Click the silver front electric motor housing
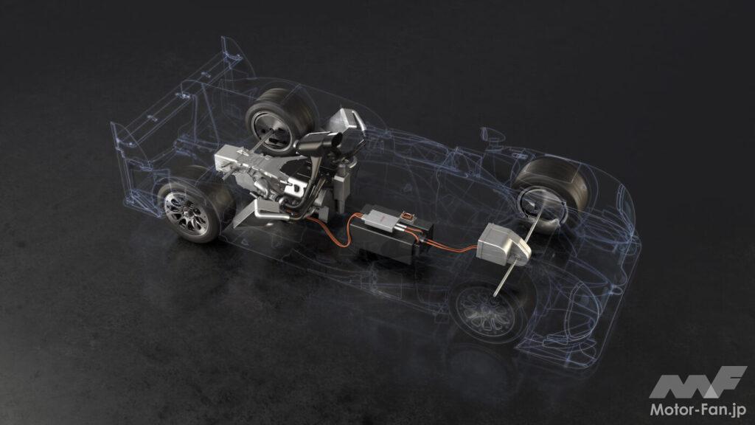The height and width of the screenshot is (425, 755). (503, 244)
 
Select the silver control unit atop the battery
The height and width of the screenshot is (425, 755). (380, 219)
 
